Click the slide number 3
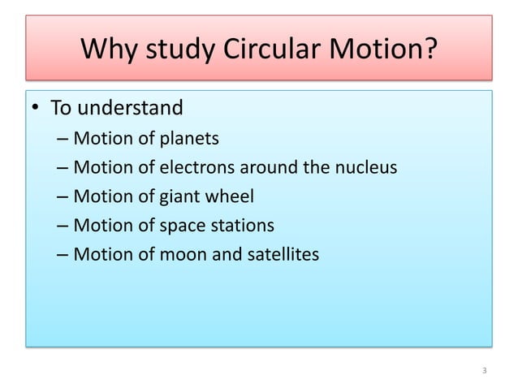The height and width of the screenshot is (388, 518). pos(484,371)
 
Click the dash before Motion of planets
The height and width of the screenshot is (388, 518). pos(63,139)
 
